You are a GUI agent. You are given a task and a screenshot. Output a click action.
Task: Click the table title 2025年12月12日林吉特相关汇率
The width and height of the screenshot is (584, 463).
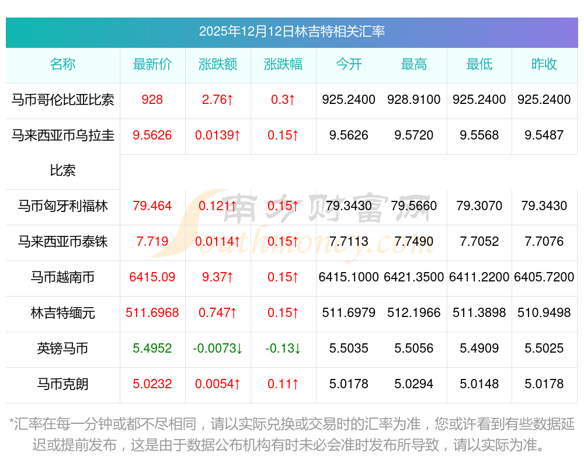click(291, 32)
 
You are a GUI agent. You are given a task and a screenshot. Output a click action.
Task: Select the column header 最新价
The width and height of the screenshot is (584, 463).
click(152, 64)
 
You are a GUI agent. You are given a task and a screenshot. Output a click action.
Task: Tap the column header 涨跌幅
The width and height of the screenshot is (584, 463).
click(283, 64)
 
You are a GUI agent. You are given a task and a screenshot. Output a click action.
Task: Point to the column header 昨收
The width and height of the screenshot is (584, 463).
click(544, 64)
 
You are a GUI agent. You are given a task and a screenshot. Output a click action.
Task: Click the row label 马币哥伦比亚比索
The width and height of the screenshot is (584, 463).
click(62, 100)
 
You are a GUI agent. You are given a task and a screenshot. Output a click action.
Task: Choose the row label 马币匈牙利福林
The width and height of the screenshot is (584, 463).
click(62, 206)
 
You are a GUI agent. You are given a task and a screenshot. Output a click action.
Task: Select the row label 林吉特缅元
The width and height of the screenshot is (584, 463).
click(62, 313)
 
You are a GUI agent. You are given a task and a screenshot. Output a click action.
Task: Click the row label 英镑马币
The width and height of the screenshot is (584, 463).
click(62, 349)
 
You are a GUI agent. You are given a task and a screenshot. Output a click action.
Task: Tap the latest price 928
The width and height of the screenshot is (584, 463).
click(152, 100)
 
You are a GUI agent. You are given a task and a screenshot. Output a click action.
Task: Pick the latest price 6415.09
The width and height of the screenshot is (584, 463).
click(152, 277)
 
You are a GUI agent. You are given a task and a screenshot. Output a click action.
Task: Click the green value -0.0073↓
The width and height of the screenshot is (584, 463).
click(218, 349)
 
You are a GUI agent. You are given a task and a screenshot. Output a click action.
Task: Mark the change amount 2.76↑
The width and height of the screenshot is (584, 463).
click(218, 100)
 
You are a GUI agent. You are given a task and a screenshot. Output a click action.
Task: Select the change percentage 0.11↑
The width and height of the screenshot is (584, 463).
click(283, 384)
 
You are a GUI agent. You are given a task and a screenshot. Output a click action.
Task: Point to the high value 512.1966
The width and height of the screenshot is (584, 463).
click(414, 313)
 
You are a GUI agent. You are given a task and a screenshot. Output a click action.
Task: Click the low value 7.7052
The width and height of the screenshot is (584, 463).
click(479, 242)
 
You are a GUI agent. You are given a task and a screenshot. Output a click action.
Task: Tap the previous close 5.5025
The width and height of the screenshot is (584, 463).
click(544, 349)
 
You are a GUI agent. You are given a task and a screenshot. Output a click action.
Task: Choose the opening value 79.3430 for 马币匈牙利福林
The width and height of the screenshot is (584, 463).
click(349, 206)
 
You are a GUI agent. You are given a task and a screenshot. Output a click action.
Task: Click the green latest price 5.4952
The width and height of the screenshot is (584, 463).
click(152, 349)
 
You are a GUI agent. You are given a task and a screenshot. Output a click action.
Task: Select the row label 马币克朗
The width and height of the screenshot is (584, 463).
click(62, 384)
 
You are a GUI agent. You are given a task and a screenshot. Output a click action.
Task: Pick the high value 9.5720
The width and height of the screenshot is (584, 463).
click(414, 135)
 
